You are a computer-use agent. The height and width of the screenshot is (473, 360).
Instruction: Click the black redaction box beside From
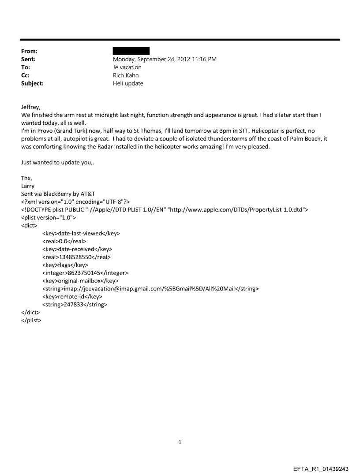pyautogui.click(x=131, y=51)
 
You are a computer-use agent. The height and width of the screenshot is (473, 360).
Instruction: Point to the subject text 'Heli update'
pyautogui.click(x=128, y=83)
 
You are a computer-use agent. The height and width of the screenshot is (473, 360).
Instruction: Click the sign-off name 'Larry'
pyautogui.click(x=28, y=186)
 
